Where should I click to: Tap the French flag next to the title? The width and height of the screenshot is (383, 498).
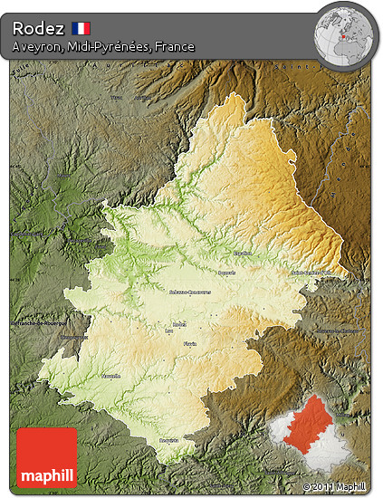[x=81, y=28]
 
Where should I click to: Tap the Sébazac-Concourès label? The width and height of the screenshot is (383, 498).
[x=189, y=292]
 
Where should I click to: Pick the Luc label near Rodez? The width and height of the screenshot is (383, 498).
[x=168, y=330]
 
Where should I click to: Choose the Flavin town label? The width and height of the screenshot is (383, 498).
[x=189, y=344]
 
